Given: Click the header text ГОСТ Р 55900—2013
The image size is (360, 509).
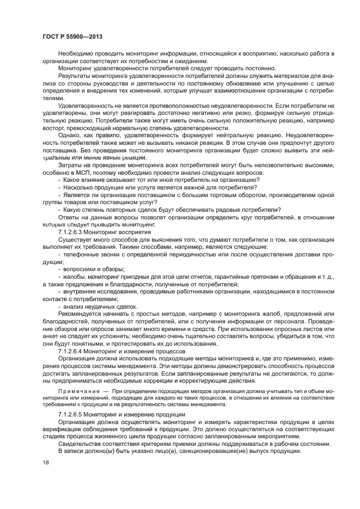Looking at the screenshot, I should (72, 36).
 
